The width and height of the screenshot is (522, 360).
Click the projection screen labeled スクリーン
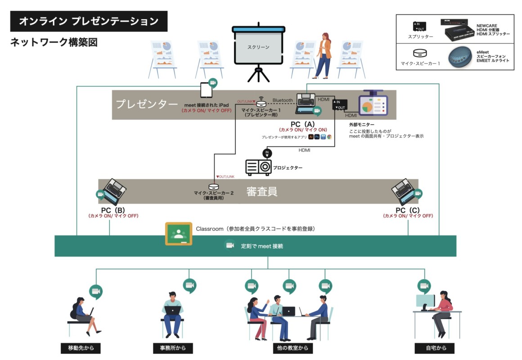tap(258, 47)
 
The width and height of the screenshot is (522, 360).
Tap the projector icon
tap(258, 167)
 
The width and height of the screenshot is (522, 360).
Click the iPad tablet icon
tap(207, 90)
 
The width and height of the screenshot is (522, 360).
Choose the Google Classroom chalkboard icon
tap(179, 234)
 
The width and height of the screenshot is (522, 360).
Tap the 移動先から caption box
tap(81, 348)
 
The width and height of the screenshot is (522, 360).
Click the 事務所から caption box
tap(173, 348)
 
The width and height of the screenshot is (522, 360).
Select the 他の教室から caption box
tap(287, 348)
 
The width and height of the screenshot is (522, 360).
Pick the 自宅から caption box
tap(434, 348)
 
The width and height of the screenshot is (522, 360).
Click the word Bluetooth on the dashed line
tap(283, 100)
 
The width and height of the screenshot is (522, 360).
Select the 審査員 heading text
tap(261, 192)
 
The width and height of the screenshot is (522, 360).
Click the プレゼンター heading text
tap(147, 104)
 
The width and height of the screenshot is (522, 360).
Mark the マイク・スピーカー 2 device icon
tap(214, 186)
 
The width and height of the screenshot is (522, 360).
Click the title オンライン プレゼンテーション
tap(89, 21)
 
